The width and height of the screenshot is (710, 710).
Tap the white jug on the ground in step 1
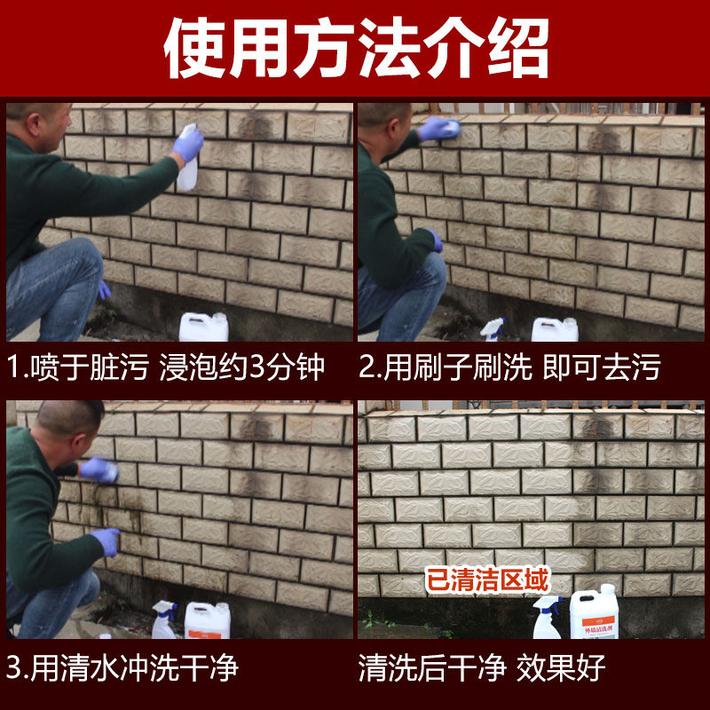click(x=203, y=327)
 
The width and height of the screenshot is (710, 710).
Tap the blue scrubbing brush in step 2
click(x=440, y=129)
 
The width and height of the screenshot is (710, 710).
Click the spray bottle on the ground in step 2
click(x=493, y=329)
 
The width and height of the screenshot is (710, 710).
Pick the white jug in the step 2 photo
click(x=555, y=329)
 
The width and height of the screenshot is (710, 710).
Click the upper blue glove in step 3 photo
click(x=99, y=469)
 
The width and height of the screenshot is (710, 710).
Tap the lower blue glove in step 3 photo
click(x=106, y=540)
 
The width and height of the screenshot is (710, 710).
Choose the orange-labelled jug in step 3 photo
click(x=208, y=619)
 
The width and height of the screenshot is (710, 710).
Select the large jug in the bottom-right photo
click(x=594, y=612)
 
